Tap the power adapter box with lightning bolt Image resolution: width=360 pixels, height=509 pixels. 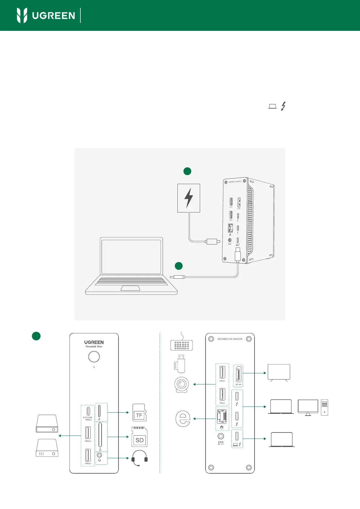(189, 198)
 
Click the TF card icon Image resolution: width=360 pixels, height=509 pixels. (139, 413)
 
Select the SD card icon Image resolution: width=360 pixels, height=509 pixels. (139, 437)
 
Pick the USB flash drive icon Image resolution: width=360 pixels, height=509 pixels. (180, 364)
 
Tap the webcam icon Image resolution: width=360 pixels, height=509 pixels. (182, 385)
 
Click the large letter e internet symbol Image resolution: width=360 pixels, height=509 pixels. (183, 418)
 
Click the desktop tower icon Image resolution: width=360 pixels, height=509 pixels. (324, 407)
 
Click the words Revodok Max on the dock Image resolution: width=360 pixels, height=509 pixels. (94, 347)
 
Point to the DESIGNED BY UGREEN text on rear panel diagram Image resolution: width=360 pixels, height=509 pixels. (230, 339)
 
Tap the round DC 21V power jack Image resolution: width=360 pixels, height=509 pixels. (221, 436)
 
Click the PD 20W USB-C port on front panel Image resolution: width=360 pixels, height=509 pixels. (88, 411)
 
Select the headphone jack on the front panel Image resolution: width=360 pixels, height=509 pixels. (99, 455)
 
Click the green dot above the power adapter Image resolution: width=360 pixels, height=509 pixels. (187, 171)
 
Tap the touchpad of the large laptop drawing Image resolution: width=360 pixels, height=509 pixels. (130, 288)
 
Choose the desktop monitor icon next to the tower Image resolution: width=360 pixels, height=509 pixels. (308, 407)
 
